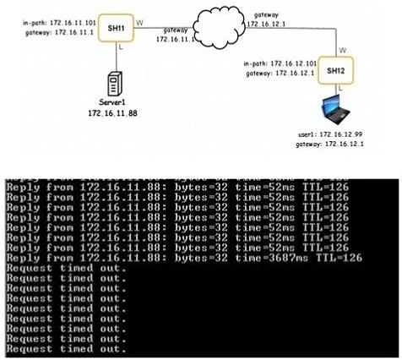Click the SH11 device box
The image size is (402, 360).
point(116,28)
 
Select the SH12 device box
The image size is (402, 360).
point(336,70)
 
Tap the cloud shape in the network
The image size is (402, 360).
point(220,27)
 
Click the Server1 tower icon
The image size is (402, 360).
point(115,84)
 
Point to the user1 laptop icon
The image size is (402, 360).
point(336,110)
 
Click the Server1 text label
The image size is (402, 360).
point(112,102)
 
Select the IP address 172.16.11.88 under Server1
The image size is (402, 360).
point(112,113)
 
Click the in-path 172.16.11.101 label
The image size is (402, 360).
point(59,23)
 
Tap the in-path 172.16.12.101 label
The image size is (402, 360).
point(280,63)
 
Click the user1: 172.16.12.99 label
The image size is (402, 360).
point(330,134)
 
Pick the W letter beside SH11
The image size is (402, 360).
point(139,23)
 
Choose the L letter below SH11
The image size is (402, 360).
point(121,47)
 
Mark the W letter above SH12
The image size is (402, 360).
point(343,51)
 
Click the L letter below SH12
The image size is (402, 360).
point(340,88)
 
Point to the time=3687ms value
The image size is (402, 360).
point(272,258)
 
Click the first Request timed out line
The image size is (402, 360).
point(66,268)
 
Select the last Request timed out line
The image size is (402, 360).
point(66,349)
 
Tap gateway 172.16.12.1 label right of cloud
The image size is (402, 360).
point(266,19)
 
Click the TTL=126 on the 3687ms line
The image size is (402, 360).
point(339,258)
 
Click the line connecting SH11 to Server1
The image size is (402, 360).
point(117,57)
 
